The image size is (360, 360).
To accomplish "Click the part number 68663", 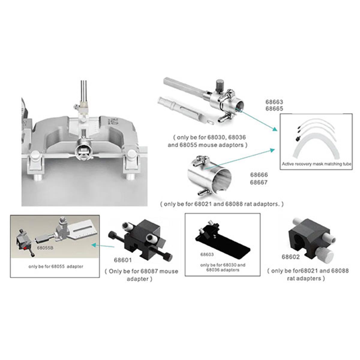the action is (x=274, y=102).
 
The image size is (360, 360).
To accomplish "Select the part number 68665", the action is (x=274, y=109).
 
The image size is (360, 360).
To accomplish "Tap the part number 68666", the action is (x=259, y=175).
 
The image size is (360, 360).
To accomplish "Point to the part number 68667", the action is (x=259, y=182).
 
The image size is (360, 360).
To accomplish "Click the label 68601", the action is (x=123, y=260).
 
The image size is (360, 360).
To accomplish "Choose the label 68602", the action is (x=290, y=257).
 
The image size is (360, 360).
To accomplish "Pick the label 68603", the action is (x=207, y=254).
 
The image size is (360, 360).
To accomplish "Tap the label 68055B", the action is (x=45, y=248).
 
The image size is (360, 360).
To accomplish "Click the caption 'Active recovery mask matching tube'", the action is (x=316, y=164).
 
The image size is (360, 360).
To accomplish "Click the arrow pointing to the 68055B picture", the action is (x=103, y=245).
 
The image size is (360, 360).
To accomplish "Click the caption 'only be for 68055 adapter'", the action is (x=56, y=266).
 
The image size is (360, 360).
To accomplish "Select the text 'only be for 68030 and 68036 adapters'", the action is (x=223, y=267).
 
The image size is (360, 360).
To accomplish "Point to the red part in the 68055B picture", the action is (x=25, y=248).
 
